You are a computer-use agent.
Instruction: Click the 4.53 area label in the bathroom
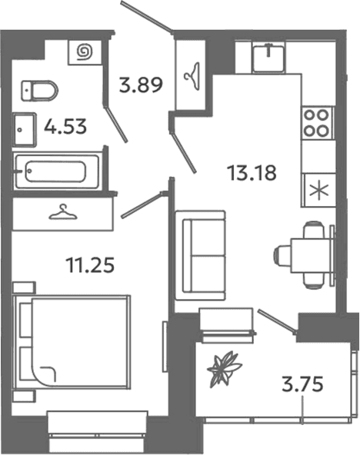65,127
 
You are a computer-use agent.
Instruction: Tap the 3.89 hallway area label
141,85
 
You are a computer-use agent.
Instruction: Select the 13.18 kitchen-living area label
252,173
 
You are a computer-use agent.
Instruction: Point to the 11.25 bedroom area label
90,265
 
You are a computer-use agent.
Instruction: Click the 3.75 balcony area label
302,384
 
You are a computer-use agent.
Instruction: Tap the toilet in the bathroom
39,91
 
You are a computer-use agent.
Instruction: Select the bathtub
58,171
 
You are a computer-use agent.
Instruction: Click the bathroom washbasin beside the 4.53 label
25,130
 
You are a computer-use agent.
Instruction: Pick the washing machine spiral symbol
85,52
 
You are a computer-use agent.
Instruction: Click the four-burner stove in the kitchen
316,123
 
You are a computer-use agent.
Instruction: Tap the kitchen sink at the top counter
268,58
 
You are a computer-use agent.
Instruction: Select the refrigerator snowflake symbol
318,191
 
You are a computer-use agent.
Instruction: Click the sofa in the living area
200,255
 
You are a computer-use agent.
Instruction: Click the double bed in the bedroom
72,341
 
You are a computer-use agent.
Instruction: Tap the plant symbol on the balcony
224,368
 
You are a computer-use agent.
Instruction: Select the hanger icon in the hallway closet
192,76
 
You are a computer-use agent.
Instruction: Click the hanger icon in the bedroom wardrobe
63,212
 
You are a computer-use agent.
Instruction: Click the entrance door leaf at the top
147,15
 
